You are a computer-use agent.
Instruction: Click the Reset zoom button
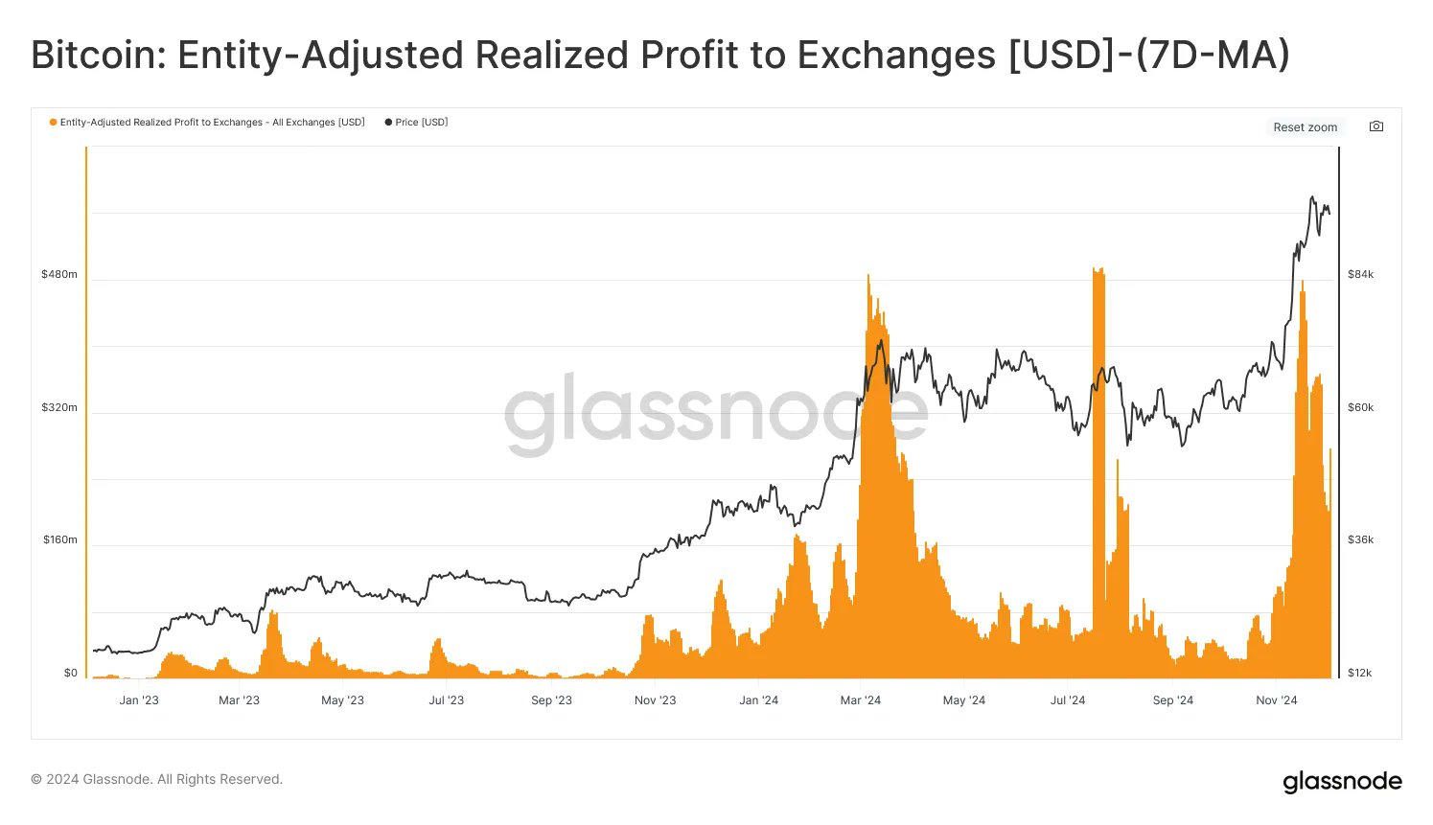[x=1305, y=127]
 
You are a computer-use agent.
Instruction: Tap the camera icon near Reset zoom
[x=1376, y=126]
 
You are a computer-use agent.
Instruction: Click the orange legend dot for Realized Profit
[x=53, y=123]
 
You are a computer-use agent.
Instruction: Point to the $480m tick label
[x=59, y=275]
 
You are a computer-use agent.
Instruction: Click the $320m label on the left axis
[x=59, y=408]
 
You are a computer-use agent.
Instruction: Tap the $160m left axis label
[x=59, y=540]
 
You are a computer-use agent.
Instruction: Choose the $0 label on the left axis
[x=70, y=674]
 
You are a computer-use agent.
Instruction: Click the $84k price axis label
[x=1360, y=275]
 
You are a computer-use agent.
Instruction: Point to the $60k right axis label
[x=1360, y=408]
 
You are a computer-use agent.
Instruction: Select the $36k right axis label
[x=1360, y=540]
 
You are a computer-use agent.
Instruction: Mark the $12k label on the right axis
[x=1359, y=674]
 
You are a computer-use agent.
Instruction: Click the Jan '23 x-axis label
[x=139, y=700]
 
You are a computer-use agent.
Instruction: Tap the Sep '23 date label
[x=551, y=700]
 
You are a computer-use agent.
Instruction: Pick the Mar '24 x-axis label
[x=860, y=700]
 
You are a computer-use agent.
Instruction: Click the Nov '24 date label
[x=1276, y=700]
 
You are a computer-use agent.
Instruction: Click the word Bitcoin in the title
[x=93, y=56]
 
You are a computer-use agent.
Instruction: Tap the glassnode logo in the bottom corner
[x=1342, y=782]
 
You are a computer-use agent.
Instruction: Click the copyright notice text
[x=156, y=780]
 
